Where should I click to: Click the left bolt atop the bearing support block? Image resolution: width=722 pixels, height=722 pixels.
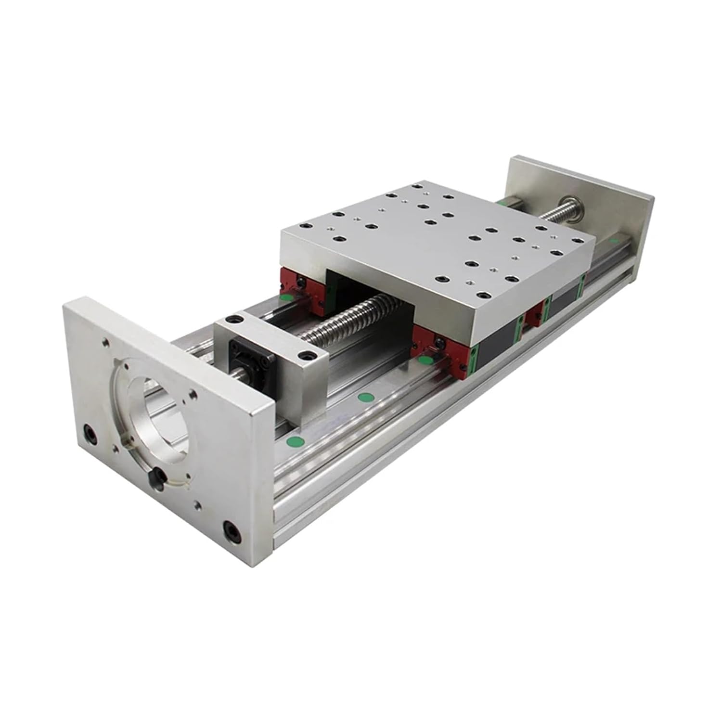[x=235, y=320]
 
